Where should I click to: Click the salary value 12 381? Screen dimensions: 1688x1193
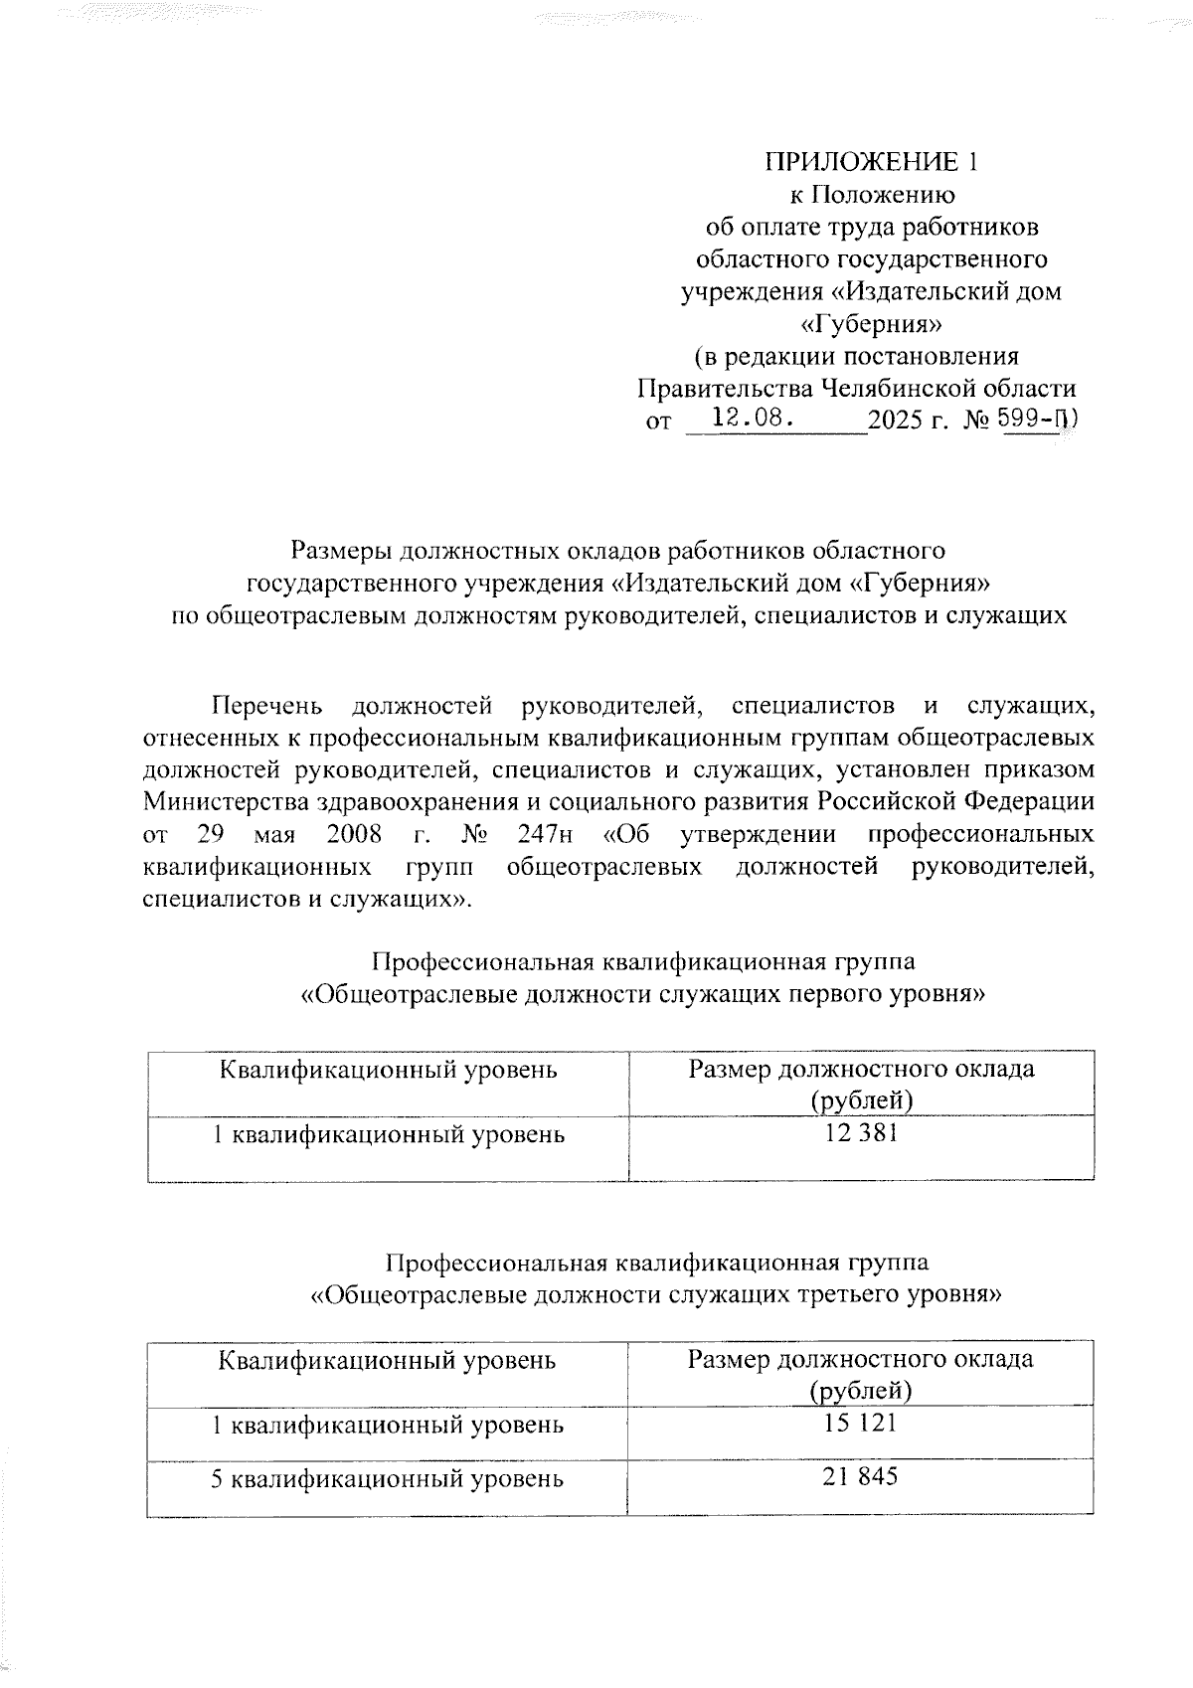(861, 1132)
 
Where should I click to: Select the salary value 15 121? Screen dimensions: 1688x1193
(860, 1423)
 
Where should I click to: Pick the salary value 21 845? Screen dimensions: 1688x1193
(860, 1476)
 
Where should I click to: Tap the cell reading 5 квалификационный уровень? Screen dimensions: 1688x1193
(388, 1478)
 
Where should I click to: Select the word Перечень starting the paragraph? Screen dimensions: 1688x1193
(266, 706)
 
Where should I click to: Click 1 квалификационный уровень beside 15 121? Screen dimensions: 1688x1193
(388, 1425)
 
